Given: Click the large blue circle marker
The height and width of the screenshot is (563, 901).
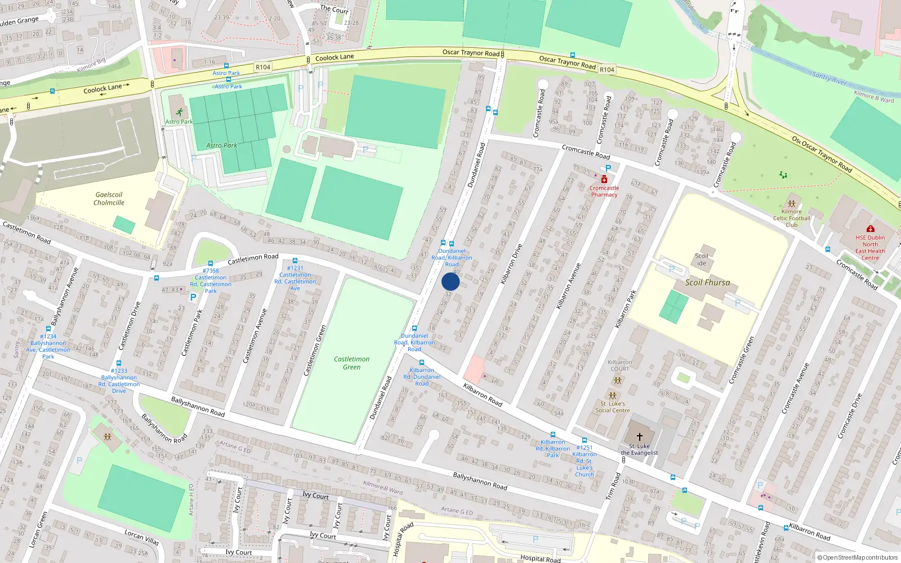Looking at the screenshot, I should coord(450,281).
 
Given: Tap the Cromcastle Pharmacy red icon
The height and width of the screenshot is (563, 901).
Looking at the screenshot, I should coord(604,180).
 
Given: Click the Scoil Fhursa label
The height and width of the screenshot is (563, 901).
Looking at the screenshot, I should coord(707,283).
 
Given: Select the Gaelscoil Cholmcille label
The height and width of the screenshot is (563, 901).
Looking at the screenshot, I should coord(109,199).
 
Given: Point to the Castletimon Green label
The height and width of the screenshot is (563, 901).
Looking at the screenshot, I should coord(351,363).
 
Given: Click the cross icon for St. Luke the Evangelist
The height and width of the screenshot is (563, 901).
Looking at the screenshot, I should coord(640,437).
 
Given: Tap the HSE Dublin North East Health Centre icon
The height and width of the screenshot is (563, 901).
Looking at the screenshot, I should coord(870,229).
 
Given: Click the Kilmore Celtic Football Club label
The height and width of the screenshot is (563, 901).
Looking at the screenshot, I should coord(791,218).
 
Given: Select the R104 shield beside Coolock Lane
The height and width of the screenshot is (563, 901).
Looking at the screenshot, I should coord(262,67).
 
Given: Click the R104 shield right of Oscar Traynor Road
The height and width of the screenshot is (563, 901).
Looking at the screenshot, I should coord(606,70).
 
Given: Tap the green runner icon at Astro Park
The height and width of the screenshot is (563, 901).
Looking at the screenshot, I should coord(179,113).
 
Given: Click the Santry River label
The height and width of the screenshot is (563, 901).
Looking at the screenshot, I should coord(829,78).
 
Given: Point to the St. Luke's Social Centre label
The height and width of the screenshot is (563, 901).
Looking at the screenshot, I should coord(613,407).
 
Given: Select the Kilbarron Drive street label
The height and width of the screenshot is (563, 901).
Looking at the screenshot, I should coord(511,263).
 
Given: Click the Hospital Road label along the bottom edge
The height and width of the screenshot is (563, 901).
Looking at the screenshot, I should coord(540,558).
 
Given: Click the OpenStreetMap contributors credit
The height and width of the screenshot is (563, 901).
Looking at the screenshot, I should coord(857,558).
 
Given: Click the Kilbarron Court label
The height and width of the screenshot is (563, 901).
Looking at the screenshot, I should coord(619,366).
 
